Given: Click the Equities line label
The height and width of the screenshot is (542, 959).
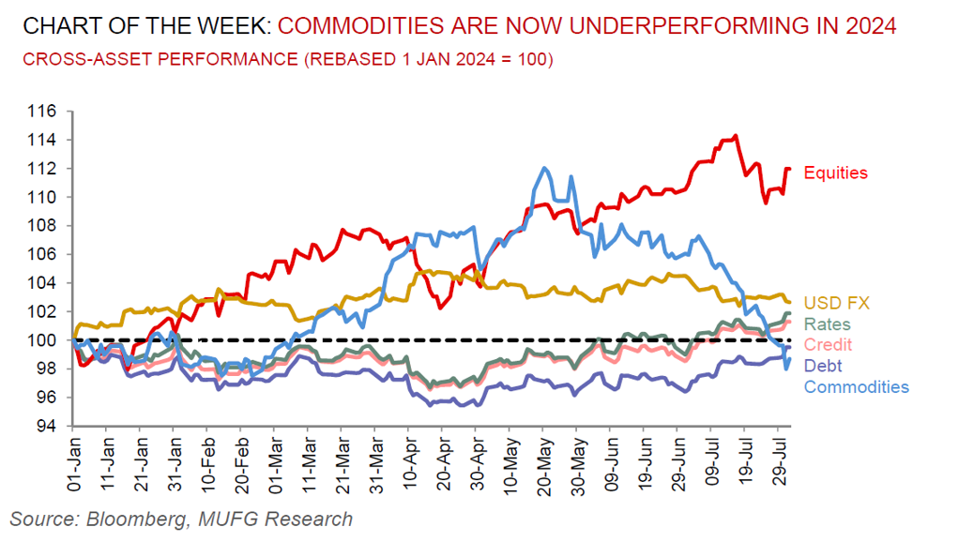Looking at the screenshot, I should point(836,173).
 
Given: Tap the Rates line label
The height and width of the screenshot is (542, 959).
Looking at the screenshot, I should point(826,324).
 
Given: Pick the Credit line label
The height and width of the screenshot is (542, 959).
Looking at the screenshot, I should point(829,345).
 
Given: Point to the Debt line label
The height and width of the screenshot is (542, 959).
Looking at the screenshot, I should point(823,367).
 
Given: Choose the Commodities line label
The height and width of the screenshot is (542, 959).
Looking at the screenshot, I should point(857,386).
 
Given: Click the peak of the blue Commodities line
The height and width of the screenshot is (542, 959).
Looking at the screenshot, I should point(544,169).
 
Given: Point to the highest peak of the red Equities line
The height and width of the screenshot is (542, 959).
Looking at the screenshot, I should point(735,136).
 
